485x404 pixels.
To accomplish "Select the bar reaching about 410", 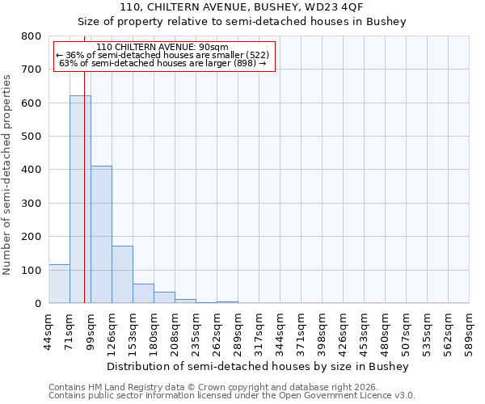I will click(x=101, y=234).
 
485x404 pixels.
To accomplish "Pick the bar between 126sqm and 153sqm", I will click(x=122, y=275).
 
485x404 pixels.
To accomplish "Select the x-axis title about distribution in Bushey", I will click(x=259, y=366).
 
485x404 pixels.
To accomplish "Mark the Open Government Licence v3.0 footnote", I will click(x=232, y=396).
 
